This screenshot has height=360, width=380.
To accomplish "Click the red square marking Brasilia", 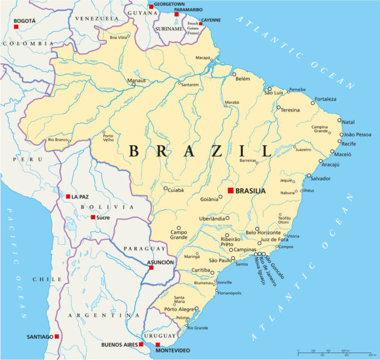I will pyautogui.click(x=230, y=190).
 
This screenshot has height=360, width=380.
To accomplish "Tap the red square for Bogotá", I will pyautogui.click(x=16, y=26).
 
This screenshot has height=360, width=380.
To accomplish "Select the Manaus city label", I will pyautogui.click(x=136, y=81).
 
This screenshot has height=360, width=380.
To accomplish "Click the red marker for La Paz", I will pyautogui.click(x=68, y=197).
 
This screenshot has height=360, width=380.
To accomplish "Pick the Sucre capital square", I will pyautogui.click(x=93, y=217).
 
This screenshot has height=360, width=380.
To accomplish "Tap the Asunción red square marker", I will pyautogui.click(x=151, y=267).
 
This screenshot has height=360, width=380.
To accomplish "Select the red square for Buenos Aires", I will pyautogui.click(x=141, y=344).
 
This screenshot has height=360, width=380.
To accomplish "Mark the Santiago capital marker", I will pyautogui.click(x=57, y=336).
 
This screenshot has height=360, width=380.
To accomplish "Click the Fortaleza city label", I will pyautogui.click(x=325, y=99).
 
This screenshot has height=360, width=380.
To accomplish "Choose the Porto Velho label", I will pyautogui.click(x=108, y=138).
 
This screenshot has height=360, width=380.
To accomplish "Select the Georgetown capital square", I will pyautogui.click(x=151, y=6).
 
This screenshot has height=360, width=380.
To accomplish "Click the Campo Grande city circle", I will pyautogui.click(x=178, y=229).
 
